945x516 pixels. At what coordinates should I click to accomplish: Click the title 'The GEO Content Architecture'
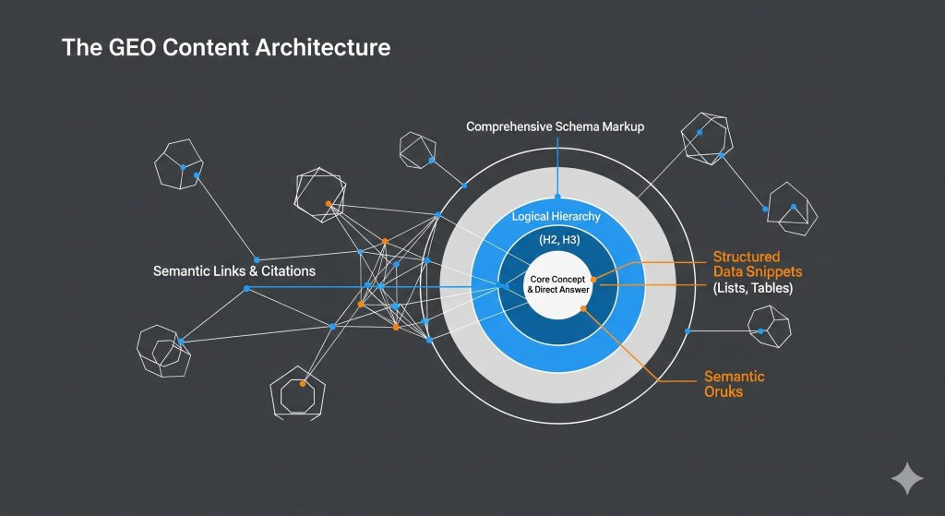click(x=226, y=47)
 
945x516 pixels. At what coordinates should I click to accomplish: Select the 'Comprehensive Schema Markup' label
click(x=556, y=126)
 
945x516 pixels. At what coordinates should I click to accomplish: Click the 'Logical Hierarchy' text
click(x=556, y=216)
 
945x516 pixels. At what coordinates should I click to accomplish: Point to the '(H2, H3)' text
click(x=556, y=239)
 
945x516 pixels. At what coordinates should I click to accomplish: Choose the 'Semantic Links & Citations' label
click(x=234, y=271)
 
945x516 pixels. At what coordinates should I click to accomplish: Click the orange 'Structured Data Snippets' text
click(x=759, y=264)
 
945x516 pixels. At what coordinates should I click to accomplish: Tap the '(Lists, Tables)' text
click(x=753, y=288)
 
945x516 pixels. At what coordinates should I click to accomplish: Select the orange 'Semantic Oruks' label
click(x=734, y=384)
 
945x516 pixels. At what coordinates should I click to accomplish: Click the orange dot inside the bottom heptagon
click(x=303, y=383)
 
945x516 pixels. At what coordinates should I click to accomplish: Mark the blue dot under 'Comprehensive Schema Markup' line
click(x=556, y=196)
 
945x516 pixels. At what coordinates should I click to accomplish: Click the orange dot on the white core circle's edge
click(x=593, y=279)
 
